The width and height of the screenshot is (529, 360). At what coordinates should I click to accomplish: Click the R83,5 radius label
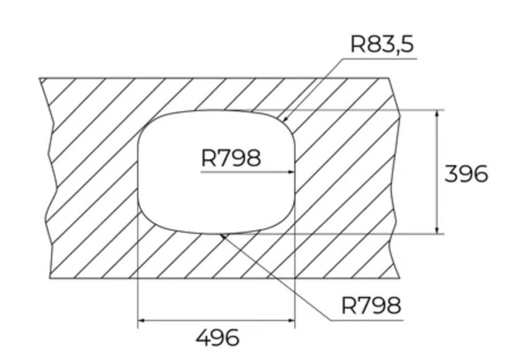382,44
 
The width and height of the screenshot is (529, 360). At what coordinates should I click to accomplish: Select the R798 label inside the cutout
231,158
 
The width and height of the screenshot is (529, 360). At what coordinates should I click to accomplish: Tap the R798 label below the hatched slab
371,306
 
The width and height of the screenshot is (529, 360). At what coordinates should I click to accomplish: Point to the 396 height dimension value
466,174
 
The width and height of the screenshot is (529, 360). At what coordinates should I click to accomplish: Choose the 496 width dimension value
217,338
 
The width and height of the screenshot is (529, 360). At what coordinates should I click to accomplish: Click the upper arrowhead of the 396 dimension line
437,113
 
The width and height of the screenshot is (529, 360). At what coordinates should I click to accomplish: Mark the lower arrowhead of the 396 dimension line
437,230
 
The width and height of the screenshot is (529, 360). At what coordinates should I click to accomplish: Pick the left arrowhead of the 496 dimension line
142,320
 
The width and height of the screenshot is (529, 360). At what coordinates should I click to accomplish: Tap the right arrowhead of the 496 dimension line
291,320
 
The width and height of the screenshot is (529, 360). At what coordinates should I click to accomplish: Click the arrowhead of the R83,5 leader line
285,119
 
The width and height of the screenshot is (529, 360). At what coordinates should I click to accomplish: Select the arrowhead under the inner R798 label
291,172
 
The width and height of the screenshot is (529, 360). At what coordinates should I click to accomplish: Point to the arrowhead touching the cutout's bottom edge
223,236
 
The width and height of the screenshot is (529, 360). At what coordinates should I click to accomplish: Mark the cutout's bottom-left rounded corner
147,219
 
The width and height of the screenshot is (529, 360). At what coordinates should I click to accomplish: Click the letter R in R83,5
357,44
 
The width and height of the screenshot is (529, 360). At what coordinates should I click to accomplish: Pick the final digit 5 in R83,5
407,44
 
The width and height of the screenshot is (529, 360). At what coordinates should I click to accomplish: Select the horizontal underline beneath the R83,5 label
380,58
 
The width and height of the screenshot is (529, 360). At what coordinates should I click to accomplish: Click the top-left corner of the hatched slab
40,78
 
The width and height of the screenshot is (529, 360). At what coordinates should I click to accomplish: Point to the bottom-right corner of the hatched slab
400,278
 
